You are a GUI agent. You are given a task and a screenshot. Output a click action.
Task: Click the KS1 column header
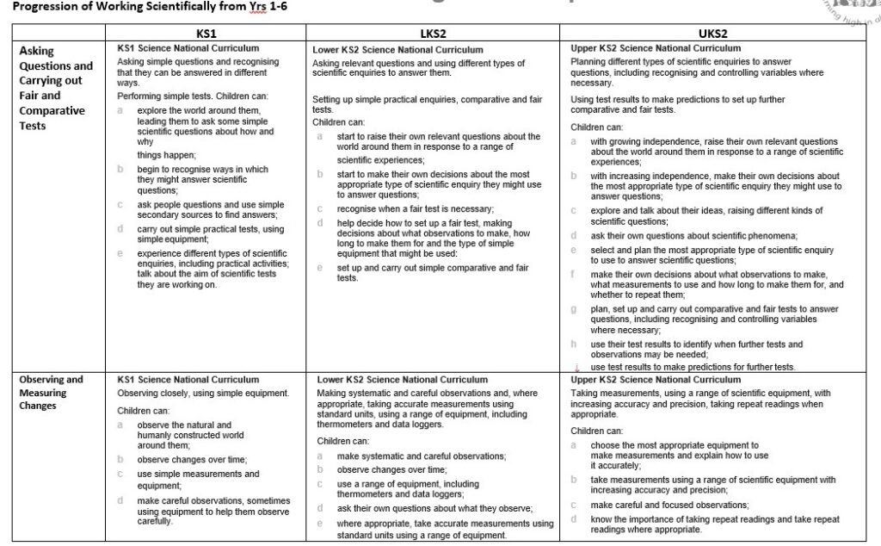[x=206, y=33]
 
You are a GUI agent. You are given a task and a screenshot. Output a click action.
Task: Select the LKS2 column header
[x=434, y=33]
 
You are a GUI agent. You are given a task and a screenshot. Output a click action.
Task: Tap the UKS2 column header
[x=712, y=33]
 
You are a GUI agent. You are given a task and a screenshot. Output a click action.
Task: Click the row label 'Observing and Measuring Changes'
[x=52, y=392]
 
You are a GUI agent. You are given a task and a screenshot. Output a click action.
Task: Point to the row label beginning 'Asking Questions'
[x=56, y=88]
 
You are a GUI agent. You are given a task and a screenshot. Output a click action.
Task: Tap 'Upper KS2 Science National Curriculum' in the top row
[x=656, y=48]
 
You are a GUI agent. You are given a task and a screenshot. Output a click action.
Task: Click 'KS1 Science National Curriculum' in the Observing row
[x=188, y=380]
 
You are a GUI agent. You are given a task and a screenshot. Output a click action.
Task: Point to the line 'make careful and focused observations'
[x=669, y=505]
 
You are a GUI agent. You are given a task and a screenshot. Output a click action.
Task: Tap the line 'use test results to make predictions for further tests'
[x=693, y=367]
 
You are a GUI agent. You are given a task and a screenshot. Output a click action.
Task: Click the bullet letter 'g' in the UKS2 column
[x=574, y=309]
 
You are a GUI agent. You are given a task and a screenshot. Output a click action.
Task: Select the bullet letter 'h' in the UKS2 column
[x=574, y=344]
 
